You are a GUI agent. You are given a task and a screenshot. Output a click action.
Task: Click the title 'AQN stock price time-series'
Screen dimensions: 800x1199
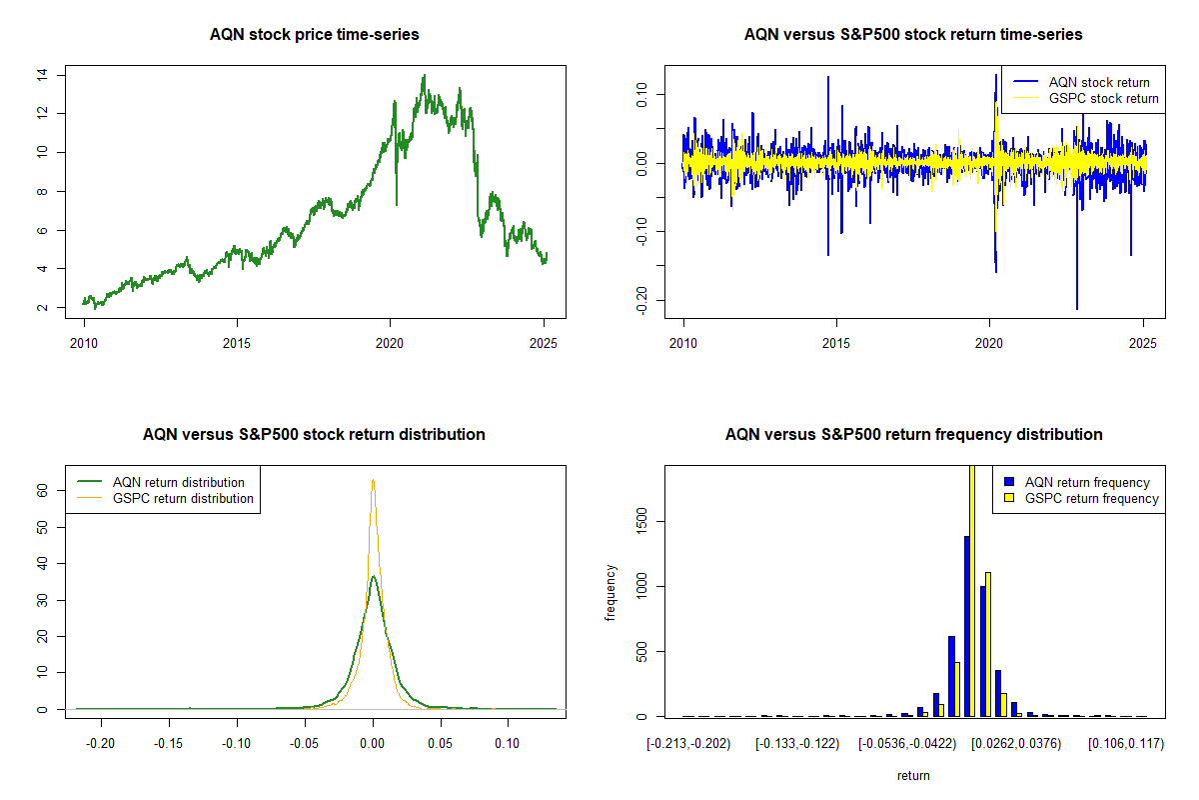(314, 35)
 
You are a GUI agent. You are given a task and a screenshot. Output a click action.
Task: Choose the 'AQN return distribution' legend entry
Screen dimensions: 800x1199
(178, 482)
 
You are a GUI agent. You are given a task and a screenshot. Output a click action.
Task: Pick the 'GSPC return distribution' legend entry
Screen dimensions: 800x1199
(183, 498)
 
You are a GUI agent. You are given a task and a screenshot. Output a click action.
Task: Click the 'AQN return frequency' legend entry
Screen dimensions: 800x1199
(1087, 482)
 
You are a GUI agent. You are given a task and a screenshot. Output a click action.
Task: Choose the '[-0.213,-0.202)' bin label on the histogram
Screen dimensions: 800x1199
(688, 744)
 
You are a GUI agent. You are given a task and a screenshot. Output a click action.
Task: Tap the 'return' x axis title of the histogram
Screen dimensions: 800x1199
(913, 775)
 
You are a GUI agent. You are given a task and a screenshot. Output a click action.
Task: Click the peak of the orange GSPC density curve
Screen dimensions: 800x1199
(373, 480)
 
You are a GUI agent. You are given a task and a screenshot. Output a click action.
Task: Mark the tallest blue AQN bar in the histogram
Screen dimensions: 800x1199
(967, 626)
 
